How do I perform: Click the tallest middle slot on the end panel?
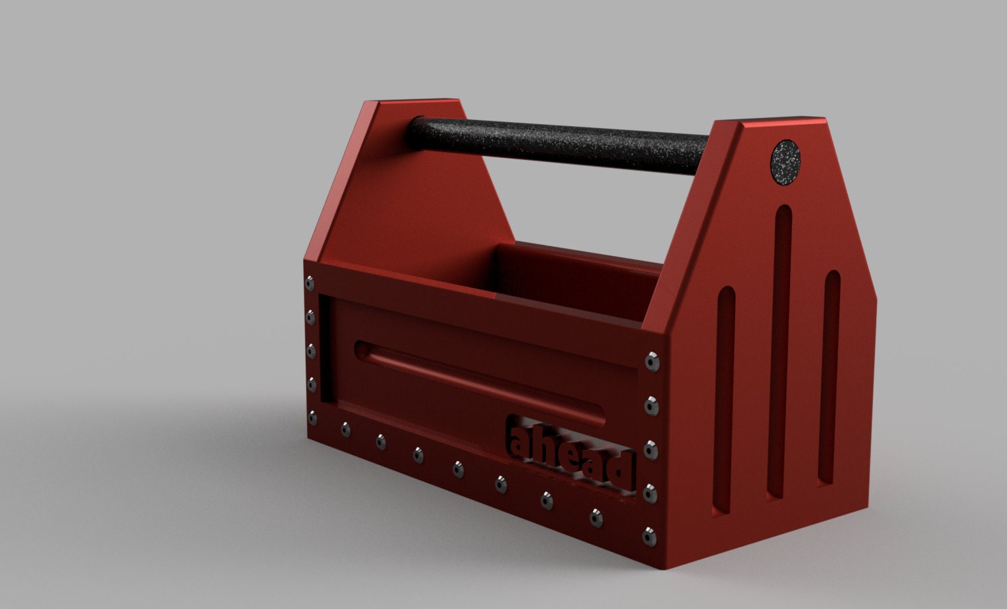780,352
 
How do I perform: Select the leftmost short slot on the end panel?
724,398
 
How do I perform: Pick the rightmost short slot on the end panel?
829,375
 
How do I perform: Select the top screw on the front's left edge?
309,283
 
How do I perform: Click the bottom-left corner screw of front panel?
312,418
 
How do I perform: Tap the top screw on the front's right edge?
653,362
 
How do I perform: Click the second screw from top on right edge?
652,405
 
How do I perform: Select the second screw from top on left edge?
310,316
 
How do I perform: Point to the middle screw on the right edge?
651,450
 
